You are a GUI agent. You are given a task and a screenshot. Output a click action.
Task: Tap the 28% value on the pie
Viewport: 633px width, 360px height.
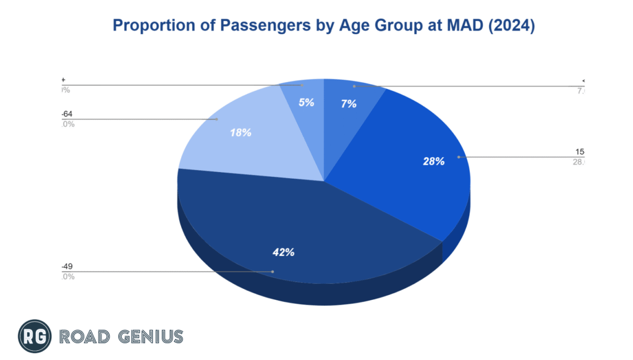(x=434, y=161)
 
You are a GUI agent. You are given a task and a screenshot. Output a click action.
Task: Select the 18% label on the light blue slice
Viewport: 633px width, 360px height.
(x=240, y=132)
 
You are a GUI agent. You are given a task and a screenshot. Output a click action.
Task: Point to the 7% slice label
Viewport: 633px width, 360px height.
(x=349, y=104)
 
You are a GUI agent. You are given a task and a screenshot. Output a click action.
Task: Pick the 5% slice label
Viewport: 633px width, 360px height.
(x=306, y=103)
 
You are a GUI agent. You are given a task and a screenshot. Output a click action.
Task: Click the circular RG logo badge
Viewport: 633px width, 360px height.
(x=33, y=336)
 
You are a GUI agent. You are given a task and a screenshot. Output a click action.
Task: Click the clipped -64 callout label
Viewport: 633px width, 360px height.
(x=67, y=114)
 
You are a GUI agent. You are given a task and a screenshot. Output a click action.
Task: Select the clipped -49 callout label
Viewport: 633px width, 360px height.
(x=67, y=267)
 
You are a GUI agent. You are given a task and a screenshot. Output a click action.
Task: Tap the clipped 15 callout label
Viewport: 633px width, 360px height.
(x=580, y=152)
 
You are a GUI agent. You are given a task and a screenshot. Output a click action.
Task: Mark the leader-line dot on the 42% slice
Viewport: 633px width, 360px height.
(x=273, y=272)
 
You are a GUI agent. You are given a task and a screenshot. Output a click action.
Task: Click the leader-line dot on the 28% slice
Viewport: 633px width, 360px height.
(x=458, y=157)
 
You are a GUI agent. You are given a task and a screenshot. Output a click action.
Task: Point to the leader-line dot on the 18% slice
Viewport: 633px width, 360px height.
(x=218, y=119)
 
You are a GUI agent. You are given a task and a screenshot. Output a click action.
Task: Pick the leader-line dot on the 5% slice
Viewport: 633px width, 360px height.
(x=301, y=85)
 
